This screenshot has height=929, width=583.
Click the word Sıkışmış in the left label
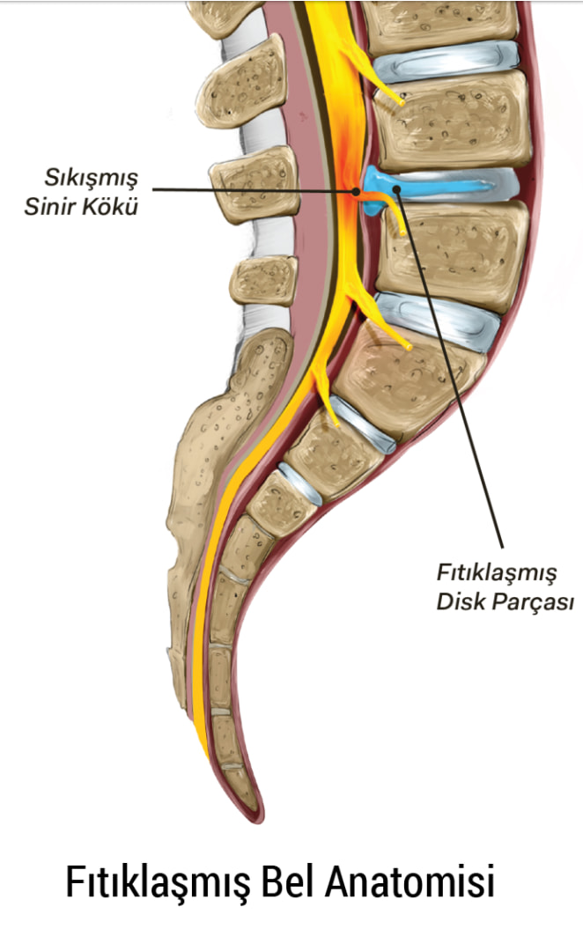click(x=92, y=179)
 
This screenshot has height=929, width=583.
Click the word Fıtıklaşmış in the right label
click(x=497, y=573)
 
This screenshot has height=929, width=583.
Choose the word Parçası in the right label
click(x=533, y=602)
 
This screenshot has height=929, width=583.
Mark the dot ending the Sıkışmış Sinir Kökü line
click(x=356, y=191)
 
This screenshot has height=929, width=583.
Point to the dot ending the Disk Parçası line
click(x=397, y=189)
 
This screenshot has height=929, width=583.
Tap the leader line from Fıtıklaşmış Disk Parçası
click(x=450, y=369)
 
